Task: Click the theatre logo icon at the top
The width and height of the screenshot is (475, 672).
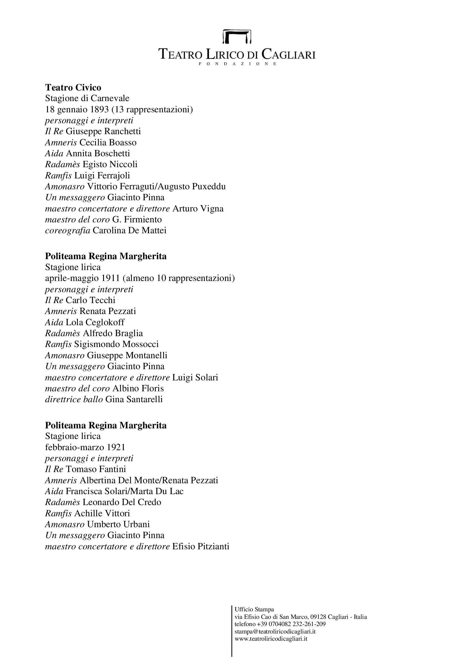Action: (x=237, y=36)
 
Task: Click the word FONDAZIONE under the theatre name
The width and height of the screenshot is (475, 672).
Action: (x=237, y=64)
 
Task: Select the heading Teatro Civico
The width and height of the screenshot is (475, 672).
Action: (x=73, y=88)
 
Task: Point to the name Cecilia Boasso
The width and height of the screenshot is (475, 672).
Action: (x=108, y=143)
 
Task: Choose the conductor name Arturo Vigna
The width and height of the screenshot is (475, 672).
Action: (x=198, y=209)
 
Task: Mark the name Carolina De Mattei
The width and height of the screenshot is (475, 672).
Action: (x=130, y=231)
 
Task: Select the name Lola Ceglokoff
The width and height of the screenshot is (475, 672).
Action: (x=95, y=322)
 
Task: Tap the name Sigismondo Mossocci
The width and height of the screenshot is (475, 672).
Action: (x=116, y=344)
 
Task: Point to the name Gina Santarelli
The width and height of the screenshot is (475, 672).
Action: (x=134, y=399)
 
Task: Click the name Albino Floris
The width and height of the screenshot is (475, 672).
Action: (x=138, y=388)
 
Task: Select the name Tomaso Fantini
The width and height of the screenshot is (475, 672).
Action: (x=96, y=469)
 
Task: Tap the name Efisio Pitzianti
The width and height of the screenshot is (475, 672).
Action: (x=201, y=546)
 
